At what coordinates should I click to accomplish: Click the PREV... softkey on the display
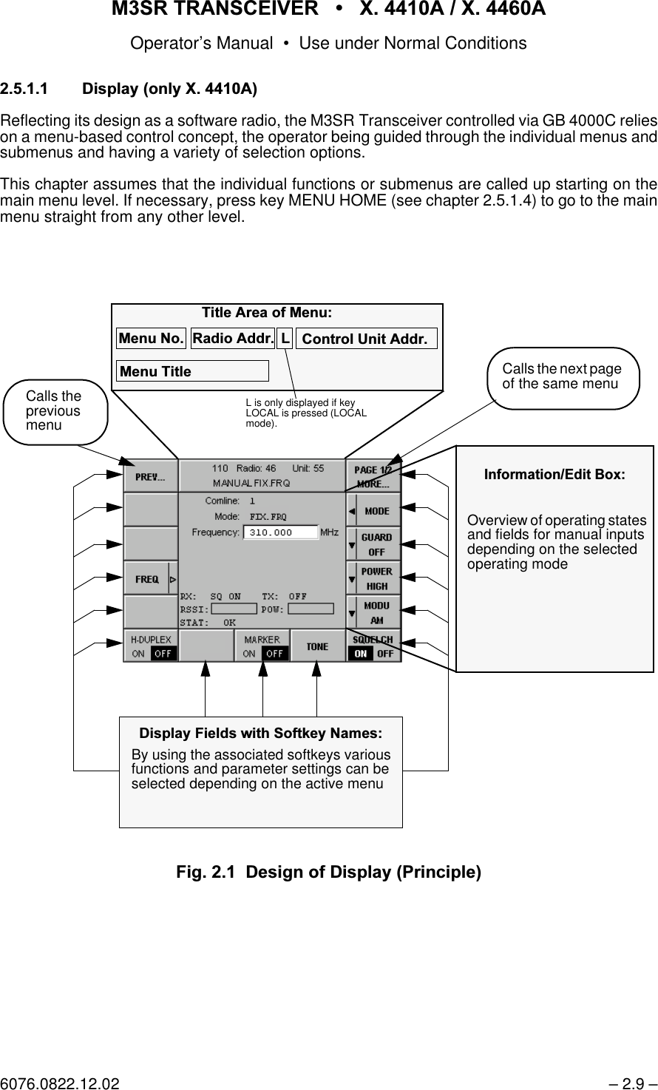(x=150, y=477)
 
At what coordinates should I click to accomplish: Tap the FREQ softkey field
(x=150, y=579)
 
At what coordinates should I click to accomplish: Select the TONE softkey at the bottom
(x=317, y=646)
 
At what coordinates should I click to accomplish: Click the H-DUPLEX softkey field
(x=150, y=646)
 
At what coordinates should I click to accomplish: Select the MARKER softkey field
(x=262, y=646)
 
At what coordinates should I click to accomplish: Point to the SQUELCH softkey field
(x=373, y=646)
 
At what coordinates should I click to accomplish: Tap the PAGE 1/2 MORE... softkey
(x=373, y=477)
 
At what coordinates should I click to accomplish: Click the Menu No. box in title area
(x=151, y=339)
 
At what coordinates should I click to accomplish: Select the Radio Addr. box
(x=233, y=339)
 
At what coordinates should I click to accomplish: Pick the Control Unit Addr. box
(x=365, y=339)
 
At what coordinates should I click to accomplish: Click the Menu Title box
(x=192, y=371)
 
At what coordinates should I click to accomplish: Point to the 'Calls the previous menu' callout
(x=55, y=411)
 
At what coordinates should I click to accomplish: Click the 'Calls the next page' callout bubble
(x=563, y=376)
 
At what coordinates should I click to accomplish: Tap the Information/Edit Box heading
(x=554, y=474)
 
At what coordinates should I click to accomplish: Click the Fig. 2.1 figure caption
(x=328, y=872)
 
